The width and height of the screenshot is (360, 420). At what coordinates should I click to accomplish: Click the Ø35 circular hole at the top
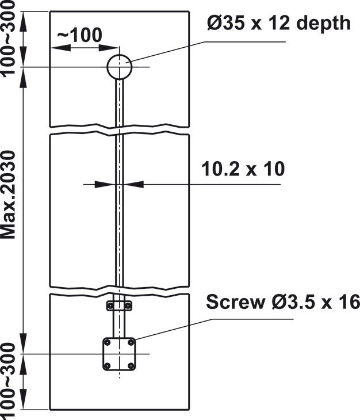point(108,67)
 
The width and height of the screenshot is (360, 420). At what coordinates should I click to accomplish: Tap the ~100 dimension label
point(80,35)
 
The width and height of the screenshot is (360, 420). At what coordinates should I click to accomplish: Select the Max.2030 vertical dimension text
point(8,194)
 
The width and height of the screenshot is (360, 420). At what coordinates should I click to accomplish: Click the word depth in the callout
point(323,24)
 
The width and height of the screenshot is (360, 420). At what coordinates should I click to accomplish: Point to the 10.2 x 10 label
point(243,169)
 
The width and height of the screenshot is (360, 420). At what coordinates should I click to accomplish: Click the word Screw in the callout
point(235,301)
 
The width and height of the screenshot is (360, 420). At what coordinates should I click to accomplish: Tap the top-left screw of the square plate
point(108,342)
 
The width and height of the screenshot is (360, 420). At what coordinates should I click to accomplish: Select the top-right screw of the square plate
point(131,342)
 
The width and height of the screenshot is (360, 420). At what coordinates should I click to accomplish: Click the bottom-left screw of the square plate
point(108,365)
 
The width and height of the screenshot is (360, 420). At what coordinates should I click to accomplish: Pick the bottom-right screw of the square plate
point(131,365)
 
